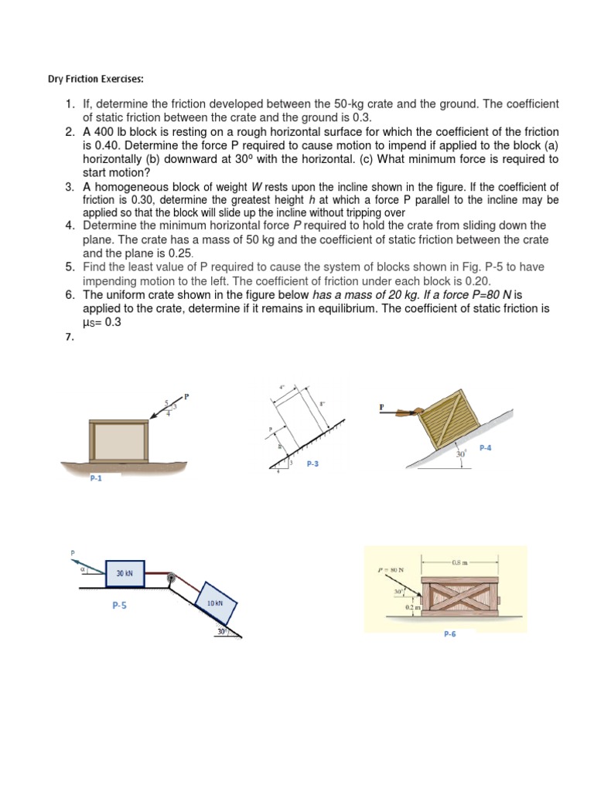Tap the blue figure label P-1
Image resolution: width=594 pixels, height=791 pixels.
pos(96,479)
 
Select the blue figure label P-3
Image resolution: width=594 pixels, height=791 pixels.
pos(313,463)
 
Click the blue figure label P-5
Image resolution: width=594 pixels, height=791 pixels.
pos(118,606)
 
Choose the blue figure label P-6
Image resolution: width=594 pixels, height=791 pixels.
pos(449,633)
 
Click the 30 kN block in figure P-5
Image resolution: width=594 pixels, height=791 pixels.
pos(125,574)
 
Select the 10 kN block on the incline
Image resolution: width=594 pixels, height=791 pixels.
pos(214,603)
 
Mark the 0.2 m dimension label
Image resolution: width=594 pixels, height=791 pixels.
pos(410,607)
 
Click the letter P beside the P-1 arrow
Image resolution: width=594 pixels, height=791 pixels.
pos(186,396)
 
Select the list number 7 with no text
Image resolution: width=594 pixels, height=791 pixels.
pos(69,336)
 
